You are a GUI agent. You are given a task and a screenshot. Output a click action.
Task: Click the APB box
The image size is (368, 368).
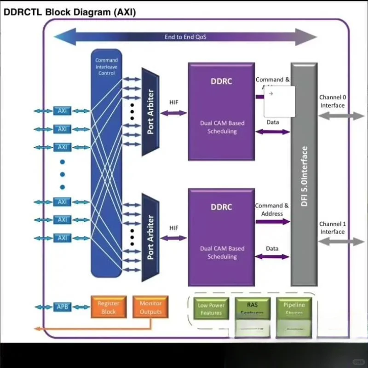pos(62,307)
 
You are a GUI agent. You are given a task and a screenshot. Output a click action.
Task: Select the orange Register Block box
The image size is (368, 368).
pos(109,307)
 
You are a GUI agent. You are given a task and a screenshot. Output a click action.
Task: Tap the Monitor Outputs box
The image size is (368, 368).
pos(150,307)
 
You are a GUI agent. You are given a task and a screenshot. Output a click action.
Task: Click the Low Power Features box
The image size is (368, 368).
pos(211,309)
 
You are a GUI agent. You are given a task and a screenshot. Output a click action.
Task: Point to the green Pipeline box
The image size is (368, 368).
pos(294,308)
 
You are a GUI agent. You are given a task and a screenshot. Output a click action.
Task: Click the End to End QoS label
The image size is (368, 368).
pos(185,37)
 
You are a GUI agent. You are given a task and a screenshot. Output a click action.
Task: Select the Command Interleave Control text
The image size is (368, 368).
pos(106,67)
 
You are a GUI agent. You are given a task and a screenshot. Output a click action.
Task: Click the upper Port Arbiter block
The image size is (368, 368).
pos(150,112)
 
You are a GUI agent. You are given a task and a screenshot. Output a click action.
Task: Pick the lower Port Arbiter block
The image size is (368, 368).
pos(150,237)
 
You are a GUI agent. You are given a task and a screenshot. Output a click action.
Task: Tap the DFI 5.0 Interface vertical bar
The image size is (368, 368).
pos(304,175)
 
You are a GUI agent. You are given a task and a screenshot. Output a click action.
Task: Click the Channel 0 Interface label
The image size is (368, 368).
pos(332,101)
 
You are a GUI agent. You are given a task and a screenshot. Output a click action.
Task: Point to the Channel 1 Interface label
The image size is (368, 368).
pos(332,228)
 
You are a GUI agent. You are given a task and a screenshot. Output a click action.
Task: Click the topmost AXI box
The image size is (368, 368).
pos(62,111)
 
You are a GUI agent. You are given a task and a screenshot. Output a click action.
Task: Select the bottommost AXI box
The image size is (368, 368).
pos(62,238)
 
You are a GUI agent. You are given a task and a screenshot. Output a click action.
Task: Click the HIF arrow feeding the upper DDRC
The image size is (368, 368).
pos(173,113)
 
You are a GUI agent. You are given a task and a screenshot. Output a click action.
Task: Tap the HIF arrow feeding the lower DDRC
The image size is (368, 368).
pos(173,238)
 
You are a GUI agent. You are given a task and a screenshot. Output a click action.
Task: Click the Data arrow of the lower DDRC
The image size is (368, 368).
pos(272,256)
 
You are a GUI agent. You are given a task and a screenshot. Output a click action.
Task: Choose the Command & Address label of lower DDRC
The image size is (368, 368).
pos(272,210)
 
